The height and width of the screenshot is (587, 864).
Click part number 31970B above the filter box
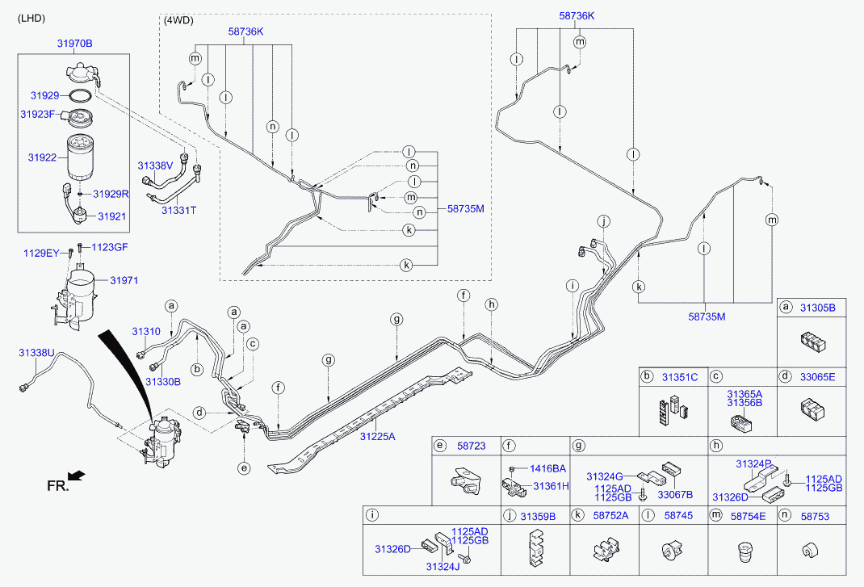[74, 44]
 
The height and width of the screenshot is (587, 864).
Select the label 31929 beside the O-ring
[45, 95]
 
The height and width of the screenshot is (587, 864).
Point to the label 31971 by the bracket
[124, 280]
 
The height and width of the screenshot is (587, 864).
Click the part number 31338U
[36, 353]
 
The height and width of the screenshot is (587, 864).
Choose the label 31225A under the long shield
[377, 436]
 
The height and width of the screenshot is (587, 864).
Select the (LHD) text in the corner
[31, 18]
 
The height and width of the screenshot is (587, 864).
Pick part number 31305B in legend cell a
[818, 308]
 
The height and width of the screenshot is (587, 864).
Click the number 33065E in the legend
[818, 376]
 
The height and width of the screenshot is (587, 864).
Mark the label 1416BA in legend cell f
[547, 468]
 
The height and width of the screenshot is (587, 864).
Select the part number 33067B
[677, 494]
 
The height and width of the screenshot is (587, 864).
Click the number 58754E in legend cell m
[749, 515]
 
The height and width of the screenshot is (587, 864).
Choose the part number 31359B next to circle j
[538, 515]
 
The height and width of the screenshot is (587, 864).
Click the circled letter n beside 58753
[784, 515]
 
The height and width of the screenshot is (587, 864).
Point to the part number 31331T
[178, 210]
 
